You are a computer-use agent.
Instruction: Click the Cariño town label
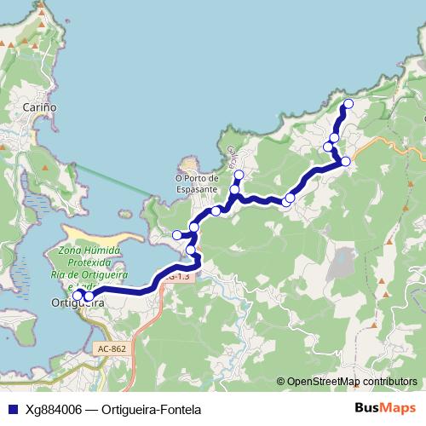40,107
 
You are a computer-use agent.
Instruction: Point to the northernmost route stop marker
347,104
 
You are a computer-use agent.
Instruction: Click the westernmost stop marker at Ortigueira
77,296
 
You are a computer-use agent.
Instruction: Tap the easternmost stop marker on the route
346,161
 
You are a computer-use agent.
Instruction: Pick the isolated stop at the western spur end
177,235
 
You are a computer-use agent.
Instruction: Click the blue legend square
12,409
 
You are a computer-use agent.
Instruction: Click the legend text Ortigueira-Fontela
150,409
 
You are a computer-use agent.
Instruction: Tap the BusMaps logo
385,408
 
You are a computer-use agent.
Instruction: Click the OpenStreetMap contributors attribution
353,382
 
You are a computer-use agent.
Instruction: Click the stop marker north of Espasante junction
238,176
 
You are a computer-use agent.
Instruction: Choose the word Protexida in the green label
89,263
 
